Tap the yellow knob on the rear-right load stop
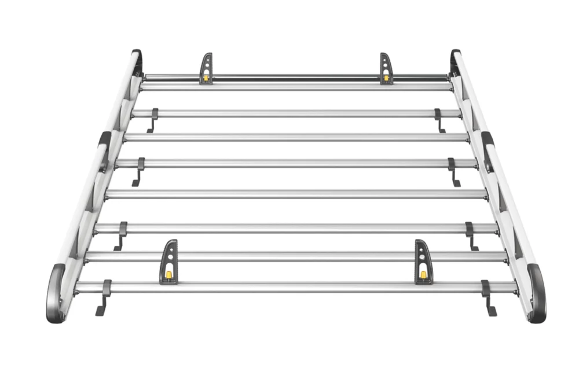pyautogui.click(x=386, y=77)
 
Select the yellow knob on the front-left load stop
pyautogui.click(x=168, y=274)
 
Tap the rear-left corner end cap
pyautogui.click(x=137, y=60)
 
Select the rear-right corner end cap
pyautogui.click(x=455, y=60)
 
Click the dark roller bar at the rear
pyautogui.click(x=295, y=76)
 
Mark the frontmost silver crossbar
pyautogui.click(x=295, y=286)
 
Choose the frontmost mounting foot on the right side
pyautogui.click(x=488, y=298)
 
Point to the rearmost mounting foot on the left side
pyautogui.click(x=153, y=120)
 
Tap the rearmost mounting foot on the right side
pyautogui.click(x=439, y=120)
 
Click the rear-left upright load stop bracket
pyautogui.click(x=206, y=68)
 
